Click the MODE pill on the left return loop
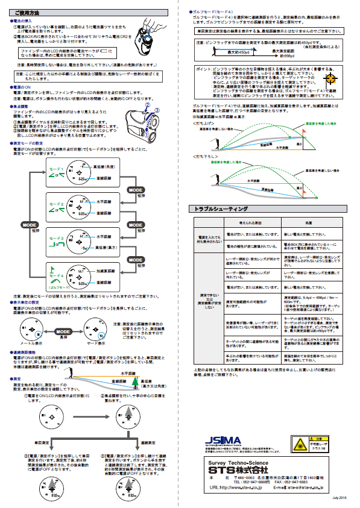pyautogui.click(x=30, y=224)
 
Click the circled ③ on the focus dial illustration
pyautogui.click(x=157, y=110)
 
